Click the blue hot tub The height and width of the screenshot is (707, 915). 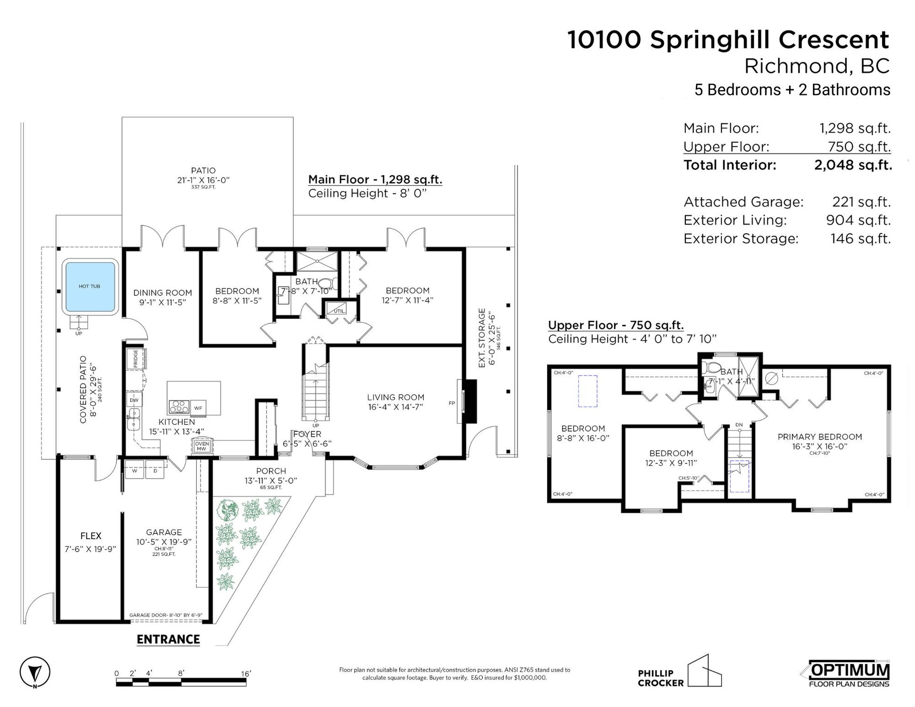click(90, 287)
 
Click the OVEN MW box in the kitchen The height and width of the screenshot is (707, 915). click(202, 446)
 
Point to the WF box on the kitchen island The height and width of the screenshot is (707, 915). click(199, 408)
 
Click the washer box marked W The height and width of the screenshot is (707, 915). click(134, 471)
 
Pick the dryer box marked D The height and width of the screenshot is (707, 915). click(155, 471)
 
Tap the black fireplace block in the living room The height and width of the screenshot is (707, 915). click(470, 401)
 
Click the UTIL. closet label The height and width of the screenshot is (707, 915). click(339, 311)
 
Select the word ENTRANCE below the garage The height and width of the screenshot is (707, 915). click(168, 639)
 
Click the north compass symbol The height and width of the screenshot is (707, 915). click(35, 672)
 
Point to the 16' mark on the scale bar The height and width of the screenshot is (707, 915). click(246, 674)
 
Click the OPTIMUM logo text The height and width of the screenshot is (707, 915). click(849, 670)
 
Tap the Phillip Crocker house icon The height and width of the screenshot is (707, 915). click(705, 670)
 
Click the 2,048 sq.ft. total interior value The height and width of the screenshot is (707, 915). click(853, 165)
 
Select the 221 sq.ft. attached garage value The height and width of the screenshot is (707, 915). click(861, 202)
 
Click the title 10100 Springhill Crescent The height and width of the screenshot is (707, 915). click(728, 40)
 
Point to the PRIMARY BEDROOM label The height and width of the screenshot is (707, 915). click(820, 437)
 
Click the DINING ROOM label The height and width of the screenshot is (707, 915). click(163, 293)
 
